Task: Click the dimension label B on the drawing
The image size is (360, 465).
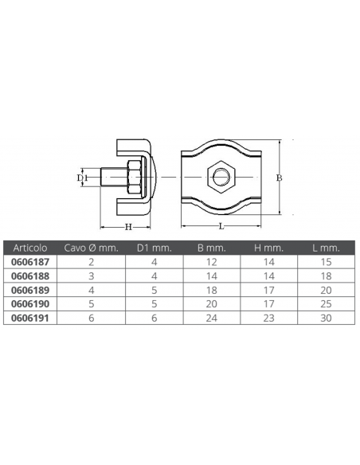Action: tap(279, 178)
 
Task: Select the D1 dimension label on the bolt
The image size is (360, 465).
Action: tap(80, 178)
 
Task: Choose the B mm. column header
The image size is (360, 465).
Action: tap(212, 248)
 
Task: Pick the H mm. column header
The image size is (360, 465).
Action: tap(268, 248)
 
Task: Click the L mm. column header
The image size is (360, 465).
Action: tap(324, 248)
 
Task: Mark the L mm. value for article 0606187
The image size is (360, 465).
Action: tap(325, 260)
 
